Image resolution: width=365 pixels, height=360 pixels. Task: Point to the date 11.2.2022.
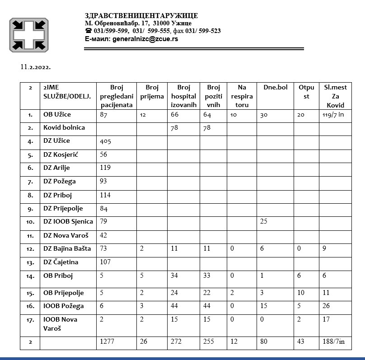(x=35, y=67)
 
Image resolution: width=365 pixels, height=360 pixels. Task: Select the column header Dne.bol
(x=275, y=87)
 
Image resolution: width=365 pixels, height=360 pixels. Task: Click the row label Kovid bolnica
(x=64, y=127)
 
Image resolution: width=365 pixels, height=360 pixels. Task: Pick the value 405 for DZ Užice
(x=105, y=141)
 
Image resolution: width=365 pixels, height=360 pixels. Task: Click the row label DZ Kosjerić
(x=61, y=154)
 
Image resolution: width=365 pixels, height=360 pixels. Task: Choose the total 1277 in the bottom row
(x=108, y=342)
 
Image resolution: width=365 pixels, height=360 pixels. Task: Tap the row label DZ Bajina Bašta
(x=67, y=248)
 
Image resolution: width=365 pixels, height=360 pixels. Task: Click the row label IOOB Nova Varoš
(x=60, y=324)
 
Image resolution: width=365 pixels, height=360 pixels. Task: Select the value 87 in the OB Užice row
(x=104, y=115)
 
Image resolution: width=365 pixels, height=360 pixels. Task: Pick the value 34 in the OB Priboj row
(x=175, y=276)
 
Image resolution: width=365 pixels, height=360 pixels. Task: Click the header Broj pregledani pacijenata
(x=116, y=96)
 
